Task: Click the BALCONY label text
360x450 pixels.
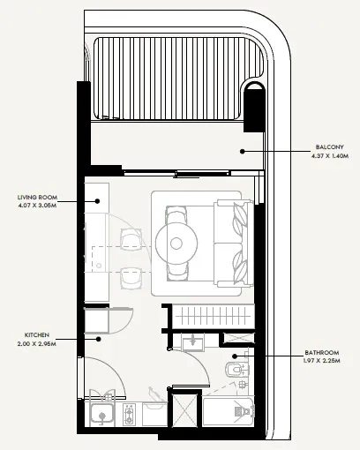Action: (x=329, y=147)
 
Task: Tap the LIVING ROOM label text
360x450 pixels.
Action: (x=37, y=198)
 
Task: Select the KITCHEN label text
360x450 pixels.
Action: (x=37, y=335)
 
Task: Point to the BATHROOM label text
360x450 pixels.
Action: (x=322, y=352)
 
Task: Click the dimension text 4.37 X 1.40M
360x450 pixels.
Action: (x=330, y=156)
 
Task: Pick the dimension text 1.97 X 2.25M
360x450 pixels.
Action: (x=322, y=361)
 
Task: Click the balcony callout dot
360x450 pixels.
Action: (x=243, y=152)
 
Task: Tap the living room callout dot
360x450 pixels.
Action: (x=97, y=201)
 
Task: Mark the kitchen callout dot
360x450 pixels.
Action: (x=99, y=339)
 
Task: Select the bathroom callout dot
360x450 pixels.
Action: (x=235, y=356)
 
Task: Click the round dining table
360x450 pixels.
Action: (x=176, y=244)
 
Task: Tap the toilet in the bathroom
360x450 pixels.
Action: (x=237, y=369)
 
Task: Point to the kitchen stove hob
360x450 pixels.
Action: (x=129, y=414)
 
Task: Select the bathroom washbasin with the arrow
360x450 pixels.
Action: (x=193, y=343)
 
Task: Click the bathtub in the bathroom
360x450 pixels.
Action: (x=228, y=411)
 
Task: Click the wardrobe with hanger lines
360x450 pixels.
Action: (x=213, y=317)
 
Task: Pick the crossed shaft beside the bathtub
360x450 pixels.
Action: (x=184, y=410)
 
